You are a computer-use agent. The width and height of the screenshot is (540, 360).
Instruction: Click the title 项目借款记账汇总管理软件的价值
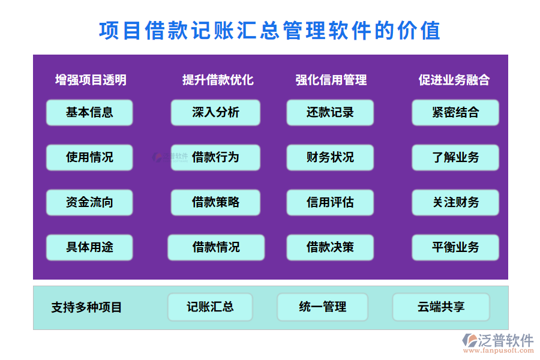[269, 30]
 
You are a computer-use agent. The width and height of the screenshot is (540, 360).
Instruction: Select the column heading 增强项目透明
[91, 80]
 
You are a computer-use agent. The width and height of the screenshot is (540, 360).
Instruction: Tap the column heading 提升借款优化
[218, 80]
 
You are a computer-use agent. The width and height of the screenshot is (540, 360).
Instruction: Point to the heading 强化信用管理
[331, 80]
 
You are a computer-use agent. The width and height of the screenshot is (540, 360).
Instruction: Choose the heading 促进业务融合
[454, 80]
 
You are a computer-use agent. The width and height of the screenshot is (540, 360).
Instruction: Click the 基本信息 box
[89, 112]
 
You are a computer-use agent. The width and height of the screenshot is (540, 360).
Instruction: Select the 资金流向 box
[89, 202]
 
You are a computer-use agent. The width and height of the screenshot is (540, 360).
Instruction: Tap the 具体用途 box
[89, 247]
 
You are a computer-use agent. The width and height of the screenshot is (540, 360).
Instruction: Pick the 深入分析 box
[215, 112]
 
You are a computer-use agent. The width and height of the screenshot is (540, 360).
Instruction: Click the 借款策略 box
[215, 202]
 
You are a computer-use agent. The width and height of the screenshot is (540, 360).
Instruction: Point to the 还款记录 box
[330, 112]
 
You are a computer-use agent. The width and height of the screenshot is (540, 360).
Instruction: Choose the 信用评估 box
[330, 202]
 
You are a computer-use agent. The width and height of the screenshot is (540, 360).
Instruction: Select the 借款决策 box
[330, 247]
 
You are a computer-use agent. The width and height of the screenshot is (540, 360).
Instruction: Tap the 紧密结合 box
[455, 112]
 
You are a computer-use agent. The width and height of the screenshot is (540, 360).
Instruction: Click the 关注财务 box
[455, 202]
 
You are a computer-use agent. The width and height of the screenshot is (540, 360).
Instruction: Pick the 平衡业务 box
[455, 247]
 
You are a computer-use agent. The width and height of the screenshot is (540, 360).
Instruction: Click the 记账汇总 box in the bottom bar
[210, 307]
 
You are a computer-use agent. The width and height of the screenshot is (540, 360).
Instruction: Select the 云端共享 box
[441, 307]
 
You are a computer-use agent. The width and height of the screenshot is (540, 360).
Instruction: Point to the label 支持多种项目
[86, 308]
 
